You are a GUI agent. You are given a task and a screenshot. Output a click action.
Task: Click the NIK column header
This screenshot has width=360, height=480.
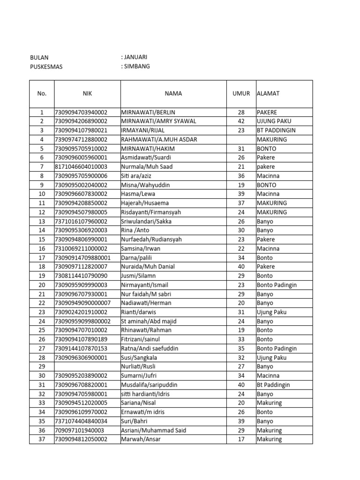pos(87,94)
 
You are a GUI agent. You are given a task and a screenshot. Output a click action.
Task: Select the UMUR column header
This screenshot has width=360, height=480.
pos(241,94)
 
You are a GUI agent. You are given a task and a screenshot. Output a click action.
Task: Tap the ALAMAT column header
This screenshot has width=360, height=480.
pos(268,94)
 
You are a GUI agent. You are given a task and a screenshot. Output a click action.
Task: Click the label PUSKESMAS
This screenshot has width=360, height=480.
pos(46,67)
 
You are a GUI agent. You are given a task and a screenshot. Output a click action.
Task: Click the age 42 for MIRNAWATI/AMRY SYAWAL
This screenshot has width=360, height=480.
pos(241,121)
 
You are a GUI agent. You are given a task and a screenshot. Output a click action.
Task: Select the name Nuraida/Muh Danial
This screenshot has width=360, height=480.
pos(148,267)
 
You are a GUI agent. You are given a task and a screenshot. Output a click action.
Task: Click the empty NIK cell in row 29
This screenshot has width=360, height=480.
pos(87,367)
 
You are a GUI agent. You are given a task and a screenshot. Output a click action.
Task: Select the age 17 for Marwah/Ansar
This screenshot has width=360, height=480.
pos(241,440)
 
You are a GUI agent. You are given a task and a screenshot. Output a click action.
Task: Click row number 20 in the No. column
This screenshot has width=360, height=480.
pos(42,285)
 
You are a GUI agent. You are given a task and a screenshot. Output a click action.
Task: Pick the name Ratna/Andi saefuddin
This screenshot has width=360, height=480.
pos(150,349)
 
